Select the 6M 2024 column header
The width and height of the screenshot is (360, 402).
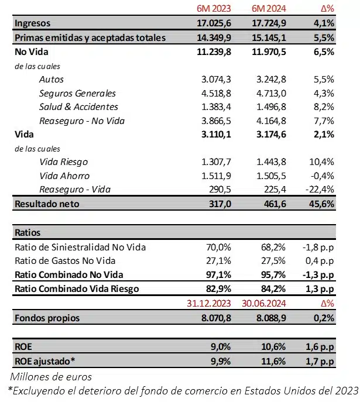(268, 8)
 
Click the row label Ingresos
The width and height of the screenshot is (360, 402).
(32, 23)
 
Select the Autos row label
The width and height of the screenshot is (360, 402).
(52, 79)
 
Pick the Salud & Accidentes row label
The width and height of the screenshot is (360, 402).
(78, 106)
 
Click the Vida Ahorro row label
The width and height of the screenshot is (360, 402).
(64, 176)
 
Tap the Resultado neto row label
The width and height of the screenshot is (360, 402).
(46, 204)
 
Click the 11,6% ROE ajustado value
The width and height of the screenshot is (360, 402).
(273, 362)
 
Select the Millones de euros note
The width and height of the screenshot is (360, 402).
(51, 376)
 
